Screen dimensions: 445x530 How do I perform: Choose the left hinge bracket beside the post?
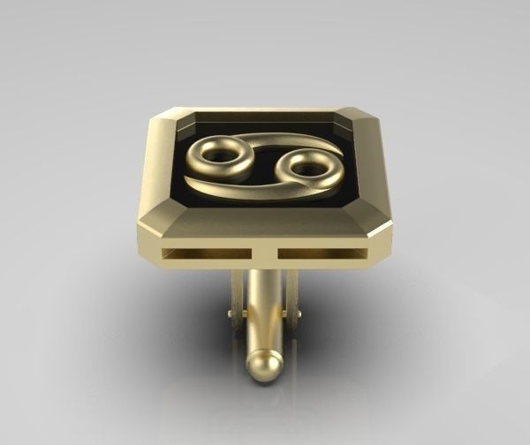(x=238, y=296)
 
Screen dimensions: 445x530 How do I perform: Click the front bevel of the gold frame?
(x=265, y=224)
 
